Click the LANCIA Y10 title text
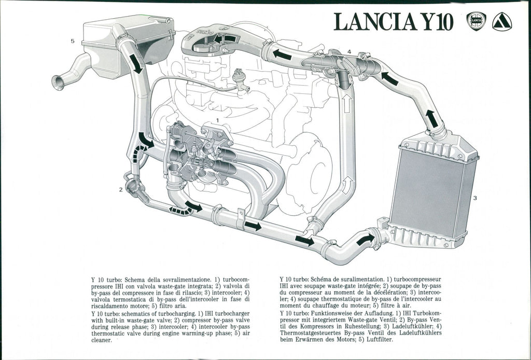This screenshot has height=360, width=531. (x=394, y=21)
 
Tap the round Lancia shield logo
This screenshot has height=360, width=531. (x=476, y=21)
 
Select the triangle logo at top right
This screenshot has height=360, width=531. (x=501, y=22)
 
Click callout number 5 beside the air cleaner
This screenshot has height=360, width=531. (x=73, y=41)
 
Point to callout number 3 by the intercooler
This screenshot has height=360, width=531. (x=474, y=198)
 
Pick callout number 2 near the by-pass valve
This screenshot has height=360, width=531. (x=121, y=189)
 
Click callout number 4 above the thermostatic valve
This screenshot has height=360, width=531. (x=349, y=52)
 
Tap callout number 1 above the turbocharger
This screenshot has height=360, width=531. (x=218, y=120)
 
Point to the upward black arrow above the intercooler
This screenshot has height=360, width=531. (x=431, y=118)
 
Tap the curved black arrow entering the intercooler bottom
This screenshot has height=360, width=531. (x=366, y=239)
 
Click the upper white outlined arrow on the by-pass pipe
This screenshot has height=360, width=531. (x=346, y=104)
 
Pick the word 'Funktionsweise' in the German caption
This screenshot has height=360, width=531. (x=333, y=314)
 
